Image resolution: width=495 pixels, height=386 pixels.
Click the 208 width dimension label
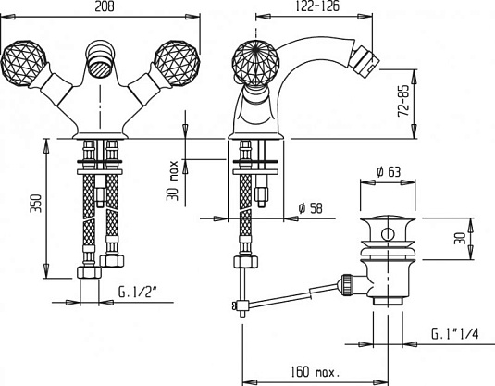coord(105,6)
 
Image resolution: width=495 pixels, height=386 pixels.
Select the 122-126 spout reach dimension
coord(318,6)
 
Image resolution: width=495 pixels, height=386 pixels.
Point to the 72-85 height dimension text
coord(403,101)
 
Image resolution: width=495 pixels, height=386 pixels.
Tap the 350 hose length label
coord(36,203)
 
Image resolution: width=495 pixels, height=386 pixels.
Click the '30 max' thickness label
coord(173,181)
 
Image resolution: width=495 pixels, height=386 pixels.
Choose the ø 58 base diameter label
coord(311,208)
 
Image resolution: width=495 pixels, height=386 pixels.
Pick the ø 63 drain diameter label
coord(389,172)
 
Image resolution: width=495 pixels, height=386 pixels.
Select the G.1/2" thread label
coord(138,292)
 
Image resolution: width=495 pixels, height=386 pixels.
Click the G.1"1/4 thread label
coord(455,334)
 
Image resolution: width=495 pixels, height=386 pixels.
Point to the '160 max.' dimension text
coord(316,372)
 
